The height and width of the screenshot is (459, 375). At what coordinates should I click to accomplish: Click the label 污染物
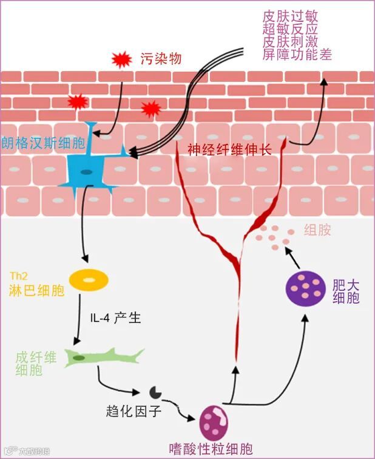tap(161, 59)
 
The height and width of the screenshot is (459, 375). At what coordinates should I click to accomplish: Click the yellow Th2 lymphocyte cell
tap(89, 279)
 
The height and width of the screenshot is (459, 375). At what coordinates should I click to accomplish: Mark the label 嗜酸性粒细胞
tap(211, 450)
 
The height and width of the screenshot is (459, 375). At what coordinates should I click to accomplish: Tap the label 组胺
tap(317, 231)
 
